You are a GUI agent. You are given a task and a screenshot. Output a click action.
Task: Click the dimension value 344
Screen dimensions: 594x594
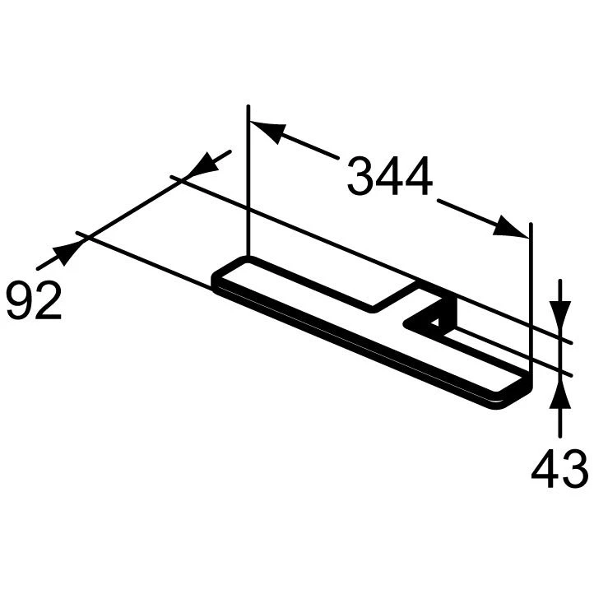pos(389,177)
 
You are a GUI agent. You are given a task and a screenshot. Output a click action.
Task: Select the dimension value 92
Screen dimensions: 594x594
pos(34,300)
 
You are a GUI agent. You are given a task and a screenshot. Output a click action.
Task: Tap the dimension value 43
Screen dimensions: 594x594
pos(559,471)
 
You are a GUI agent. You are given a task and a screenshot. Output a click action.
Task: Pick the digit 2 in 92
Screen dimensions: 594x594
pos(49,300)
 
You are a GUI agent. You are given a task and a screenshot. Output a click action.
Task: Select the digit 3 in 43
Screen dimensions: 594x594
pos(573,471)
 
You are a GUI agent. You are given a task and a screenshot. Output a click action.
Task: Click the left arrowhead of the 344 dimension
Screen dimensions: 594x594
pos(267,131)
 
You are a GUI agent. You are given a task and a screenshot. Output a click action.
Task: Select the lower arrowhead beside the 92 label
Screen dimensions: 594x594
pos(63,254)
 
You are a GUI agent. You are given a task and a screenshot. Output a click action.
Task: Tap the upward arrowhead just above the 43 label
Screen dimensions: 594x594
pos(559,399)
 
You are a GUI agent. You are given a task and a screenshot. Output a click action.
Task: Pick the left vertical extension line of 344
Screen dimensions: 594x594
pos(248,181)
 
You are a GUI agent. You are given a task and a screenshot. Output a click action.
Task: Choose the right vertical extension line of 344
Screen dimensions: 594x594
pos(531,296)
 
